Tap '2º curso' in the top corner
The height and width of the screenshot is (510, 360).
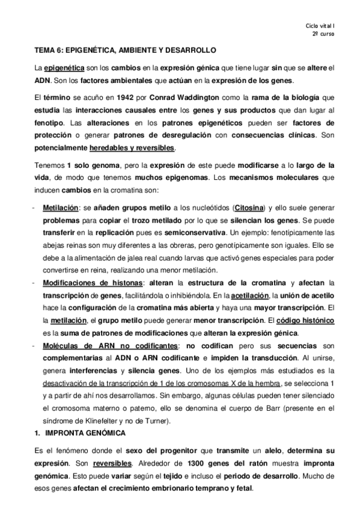click(324, 34)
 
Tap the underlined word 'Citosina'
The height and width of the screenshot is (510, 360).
click(248, 207)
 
